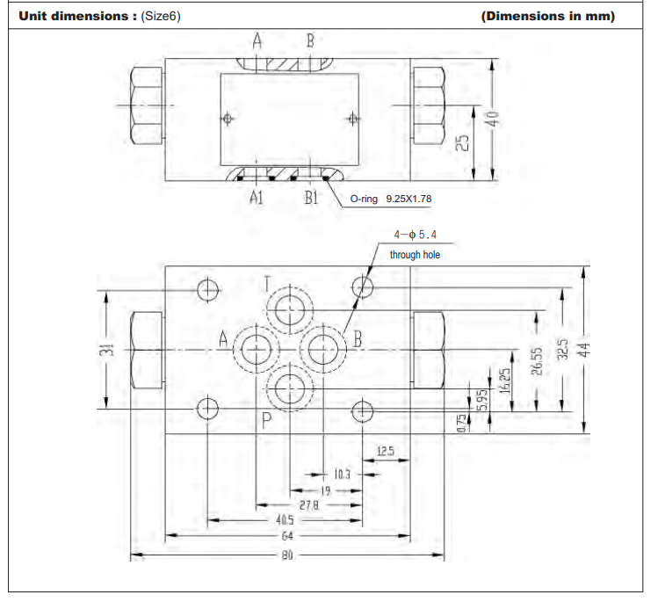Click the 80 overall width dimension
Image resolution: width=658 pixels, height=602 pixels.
click(287, 555)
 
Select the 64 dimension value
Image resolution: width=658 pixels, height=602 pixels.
click(287, 535)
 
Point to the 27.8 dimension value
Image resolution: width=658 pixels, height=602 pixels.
click(308, 505)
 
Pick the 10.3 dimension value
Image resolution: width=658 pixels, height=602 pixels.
click(342, 475)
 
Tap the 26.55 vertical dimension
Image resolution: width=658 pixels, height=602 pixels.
click(537, 361)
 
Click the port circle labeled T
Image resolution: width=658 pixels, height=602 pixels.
click(291, 310)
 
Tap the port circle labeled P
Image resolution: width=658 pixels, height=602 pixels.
click(291, 387)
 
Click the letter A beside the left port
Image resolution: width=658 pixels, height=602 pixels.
click(223, 338)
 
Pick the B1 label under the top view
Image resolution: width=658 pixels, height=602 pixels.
click(311, 198)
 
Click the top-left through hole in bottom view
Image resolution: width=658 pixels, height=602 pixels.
click(209, 288)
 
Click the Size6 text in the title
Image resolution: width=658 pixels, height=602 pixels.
click(160, 16)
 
